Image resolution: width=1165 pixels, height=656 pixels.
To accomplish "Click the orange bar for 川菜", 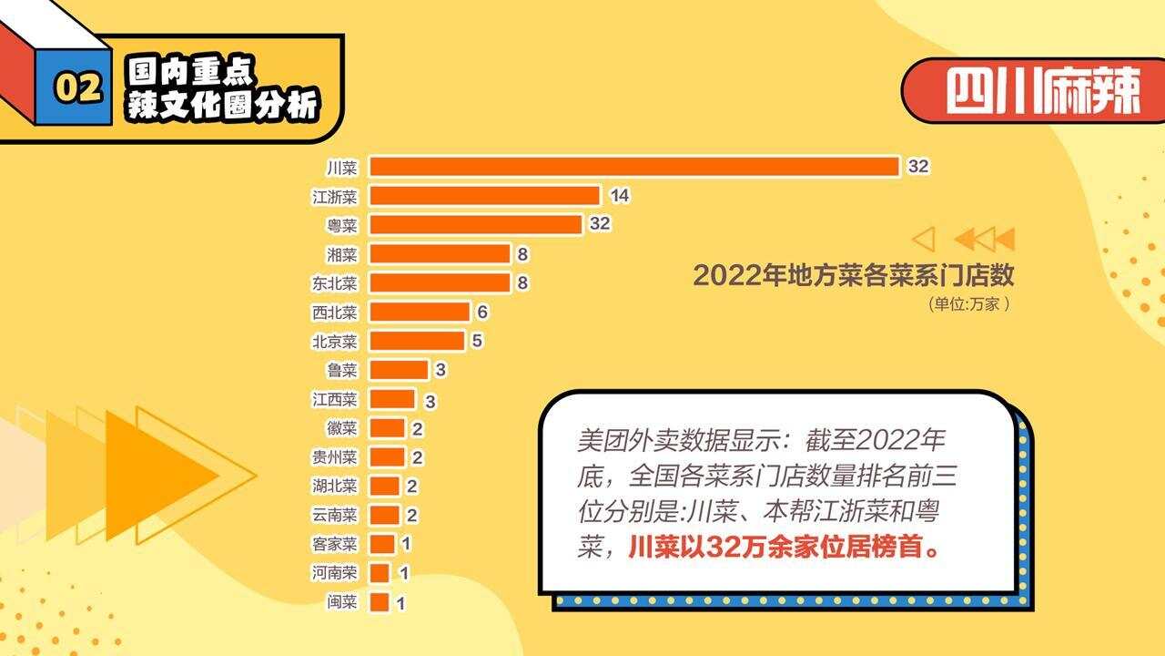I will coord(634,167).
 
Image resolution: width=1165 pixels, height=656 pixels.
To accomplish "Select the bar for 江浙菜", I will coord(484,196).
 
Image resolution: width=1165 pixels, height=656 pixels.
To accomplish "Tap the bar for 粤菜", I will coord(475,225).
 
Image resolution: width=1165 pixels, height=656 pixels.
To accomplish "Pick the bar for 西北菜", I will coord(420,313).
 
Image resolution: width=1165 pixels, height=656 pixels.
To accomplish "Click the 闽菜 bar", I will coord(380,603).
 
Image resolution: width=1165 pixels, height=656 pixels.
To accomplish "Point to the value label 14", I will coord(620,196).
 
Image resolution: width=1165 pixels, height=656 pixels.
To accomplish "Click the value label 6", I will coord(482,313).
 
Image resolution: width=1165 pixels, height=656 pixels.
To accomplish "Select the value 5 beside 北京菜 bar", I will coord(477,342).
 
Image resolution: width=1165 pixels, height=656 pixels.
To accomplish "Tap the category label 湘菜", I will coord(342,254).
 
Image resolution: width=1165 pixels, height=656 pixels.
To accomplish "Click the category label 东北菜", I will coord(335,283).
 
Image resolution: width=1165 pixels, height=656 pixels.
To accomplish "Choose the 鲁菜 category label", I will coord(342,371).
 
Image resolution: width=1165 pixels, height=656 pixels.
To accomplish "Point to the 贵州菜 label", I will coord(335,457).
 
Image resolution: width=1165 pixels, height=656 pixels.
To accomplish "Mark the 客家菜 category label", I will coord(335,545).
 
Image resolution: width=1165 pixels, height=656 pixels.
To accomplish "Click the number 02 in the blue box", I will coord(77,87).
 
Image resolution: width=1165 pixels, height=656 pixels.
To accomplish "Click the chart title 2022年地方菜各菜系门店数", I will coord(853,275).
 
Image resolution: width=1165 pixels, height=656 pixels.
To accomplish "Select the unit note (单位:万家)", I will coord(969,304).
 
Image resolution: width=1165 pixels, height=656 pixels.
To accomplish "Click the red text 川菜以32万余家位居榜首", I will coord(784,548).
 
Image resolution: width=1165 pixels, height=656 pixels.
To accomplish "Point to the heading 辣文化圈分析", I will coord(223,107).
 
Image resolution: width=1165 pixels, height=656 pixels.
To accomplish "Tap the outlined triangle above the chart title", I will coord(925,240).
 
